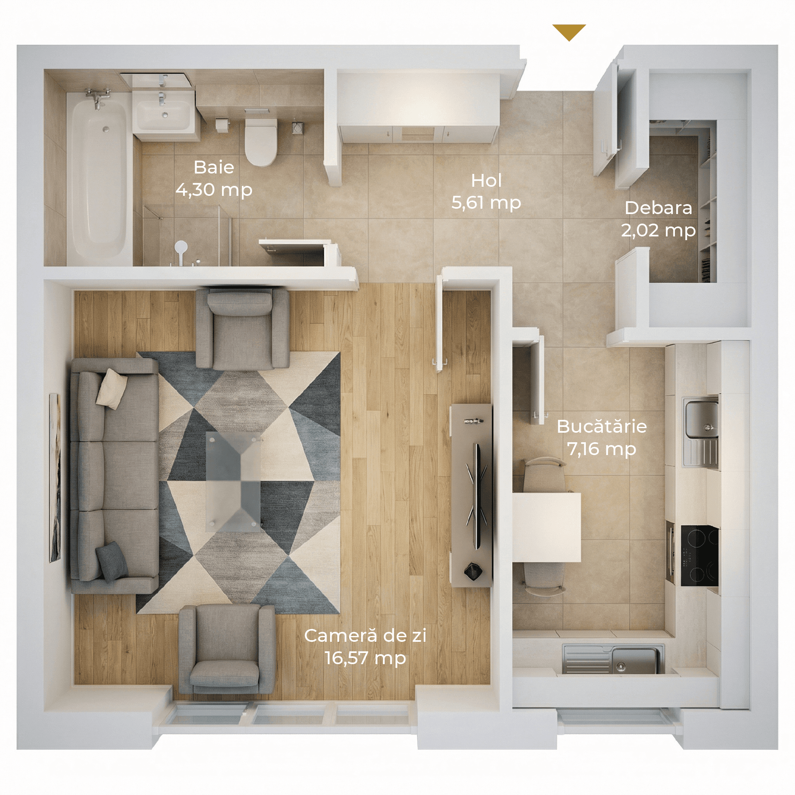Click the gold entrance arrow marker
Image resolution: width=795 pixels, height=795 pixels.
[569, 32]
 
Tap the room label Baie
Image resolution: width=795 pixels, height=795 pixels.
[214, 168]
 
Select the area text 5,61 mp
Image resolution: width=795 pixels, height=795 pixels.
[486, 203]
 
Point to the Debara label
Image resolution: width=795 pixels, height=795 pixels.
[658, 208]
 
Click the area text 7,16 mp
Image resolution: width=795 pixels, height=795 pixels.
[601, 449]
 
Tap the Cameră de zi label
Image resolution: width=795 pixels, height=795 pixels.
[365, 636]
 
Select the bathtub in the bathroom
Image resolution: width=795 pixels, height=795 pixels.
[99, 178]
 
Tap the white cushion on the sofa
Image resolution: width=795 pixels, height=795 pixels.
[111, 388]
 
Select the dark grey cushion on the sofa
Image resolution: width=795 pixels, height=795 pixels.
[111, 561]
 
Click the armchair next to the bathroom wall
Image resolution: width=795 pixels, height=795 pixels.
[242, 328]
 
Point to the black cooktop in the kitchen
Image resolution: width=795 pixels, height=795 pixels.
[699, 555]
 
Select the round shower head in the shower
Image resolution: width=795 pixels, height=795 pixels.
[181, 247]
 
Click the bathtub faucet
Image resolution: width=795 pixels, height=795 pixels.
[98, 98]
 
